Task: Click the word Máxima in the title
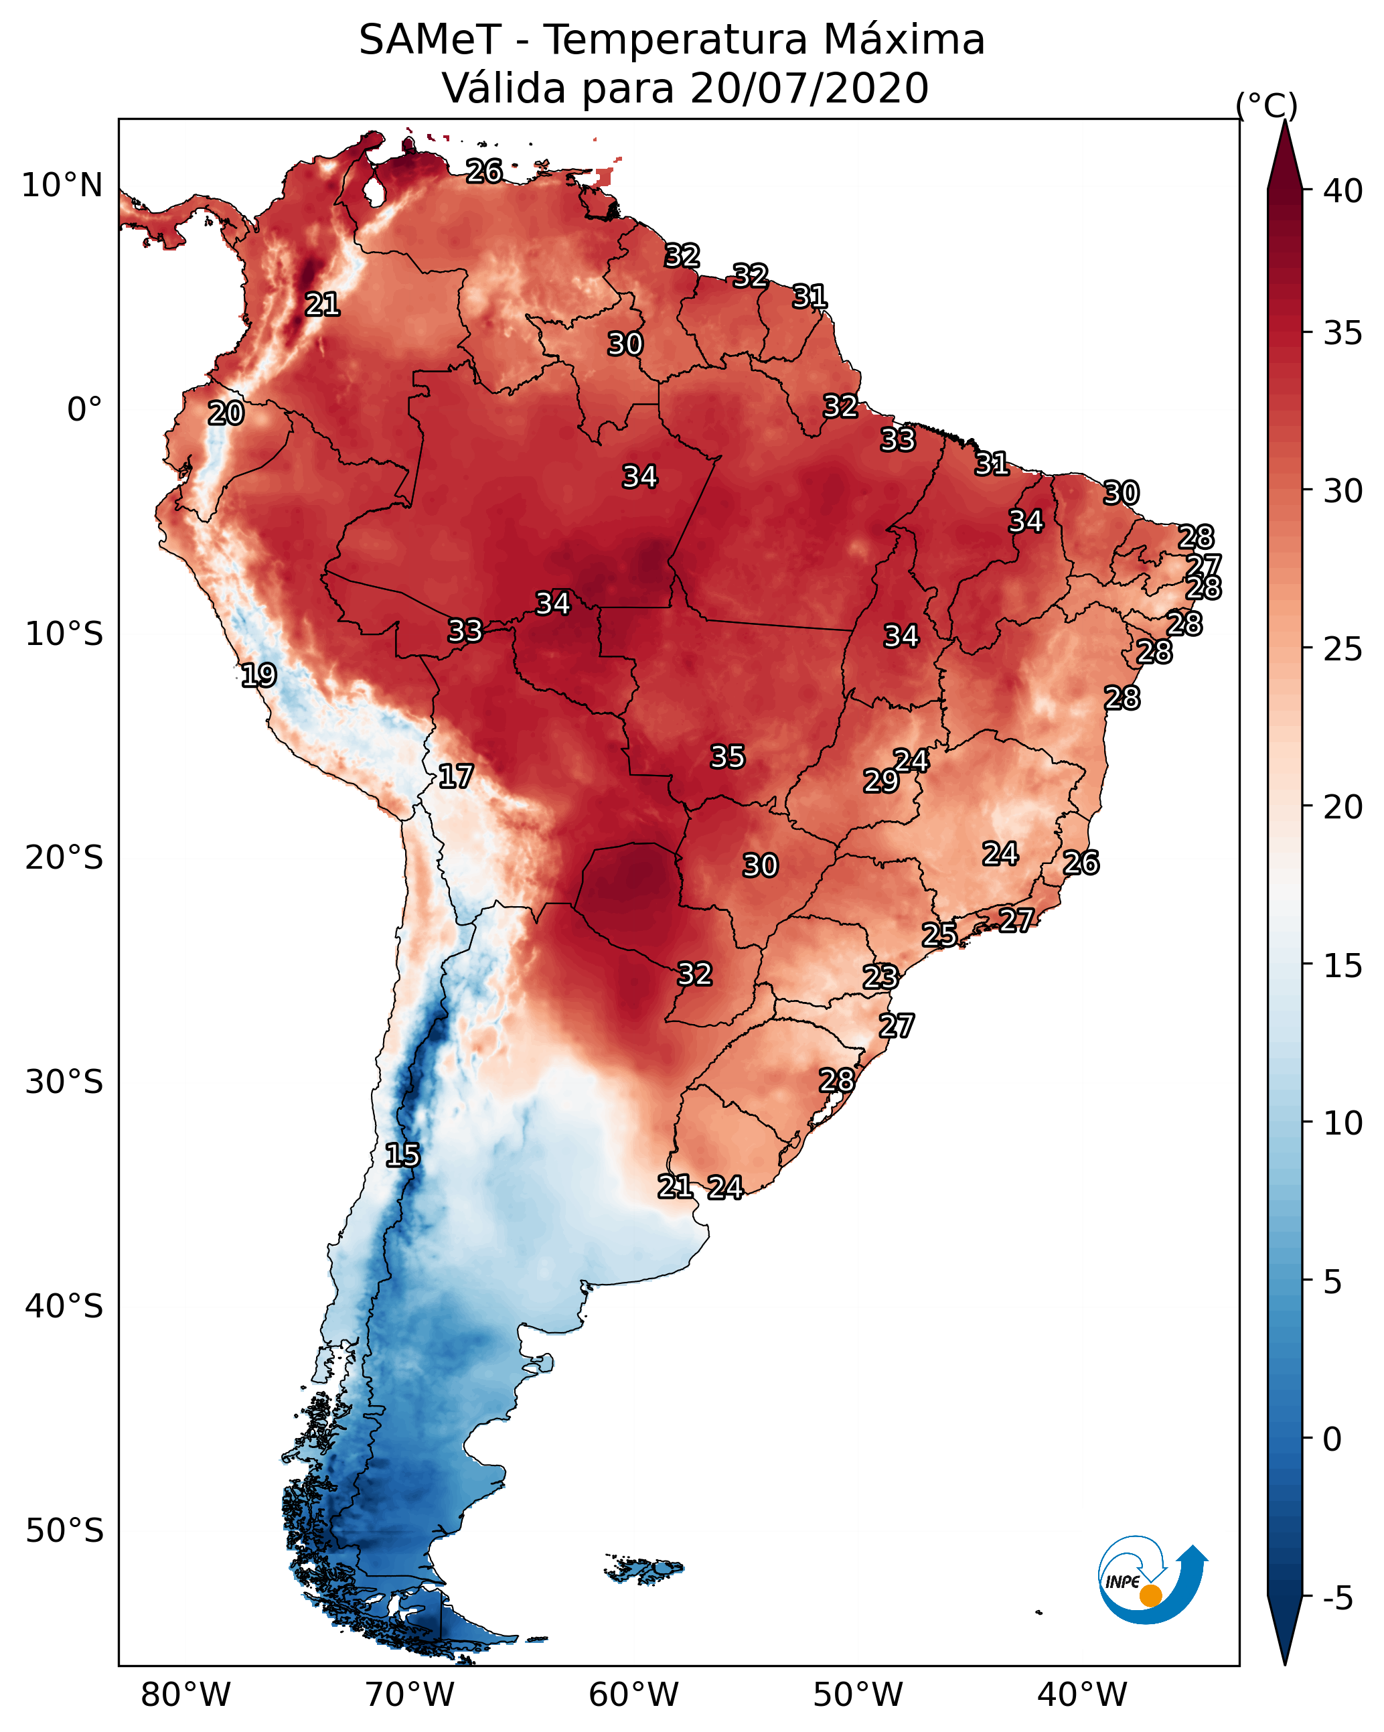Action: tap(902, 40)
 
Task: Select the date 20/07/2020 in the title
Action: tap(809, 88)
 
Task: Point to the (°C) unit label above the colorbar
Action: tap(1267, 105)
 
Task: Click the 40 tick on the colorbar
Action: tap(1342, 191)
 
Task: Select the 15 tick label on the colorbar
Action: tap(1342, 966)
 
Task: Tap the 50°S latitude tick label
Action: tap(64, 1531)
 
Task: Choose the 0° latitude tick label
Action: tap(85, 410)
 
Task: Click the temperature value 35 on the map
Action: tap(728, 757)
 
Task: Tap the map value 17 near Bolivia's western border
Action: tap(455, 776)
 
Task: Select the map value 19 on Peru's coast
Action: tap(258, 675)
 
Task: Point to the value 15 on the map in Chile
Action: tap(402, 1155)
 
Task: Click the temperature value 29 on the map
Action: tap(881, 780)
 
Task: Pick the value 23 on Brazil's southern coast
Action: tap(880, 977)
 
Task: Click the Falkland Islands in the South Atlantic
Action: tap(644, 1567)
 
